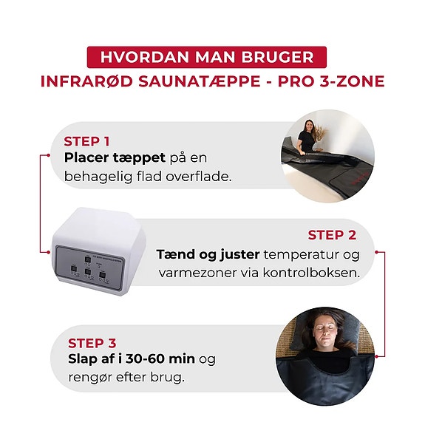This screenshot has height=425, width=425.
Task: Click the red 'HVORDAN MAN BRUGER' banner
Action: click(206, 57)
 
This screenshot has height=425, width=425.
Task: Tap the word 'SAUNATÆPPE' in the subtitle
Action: click(200, 81)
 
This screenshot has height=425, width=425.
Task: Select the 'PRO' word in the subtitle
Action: click(296, 81)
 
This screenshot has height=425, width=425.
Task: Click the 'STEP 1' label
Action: click(86, 141)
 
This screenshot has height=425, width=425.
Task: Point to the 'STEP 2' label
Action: click(332, 235)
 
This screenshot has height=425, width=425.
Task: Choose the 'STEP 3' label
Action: click(92, 343)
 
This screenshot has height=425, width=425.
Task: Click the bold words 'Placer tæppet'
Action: click(115, 157)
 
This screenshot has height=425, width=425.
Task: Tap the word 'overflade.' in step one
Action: click(199, 177)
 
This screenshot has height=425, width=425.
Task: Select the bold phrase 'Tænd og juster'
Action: click(208, 255)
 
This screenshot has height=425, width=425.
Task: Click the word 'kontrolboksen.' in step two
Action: click(311, 273)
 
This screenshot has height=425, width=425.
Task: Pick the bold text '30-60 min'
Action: click(160, 359)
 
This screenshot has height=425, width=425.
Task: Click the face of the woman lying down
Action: click(326, 333)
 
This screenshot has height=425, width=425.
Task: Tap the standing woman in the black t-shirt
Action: click(307, 136)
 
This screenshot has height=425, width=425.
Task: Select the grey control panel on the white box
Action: click(90, 268)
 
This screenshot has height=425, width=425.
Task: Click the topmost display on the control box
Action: click(88, 259)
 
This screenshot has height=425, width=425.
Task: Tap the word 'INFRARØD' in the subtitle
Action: click(86, 81)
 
